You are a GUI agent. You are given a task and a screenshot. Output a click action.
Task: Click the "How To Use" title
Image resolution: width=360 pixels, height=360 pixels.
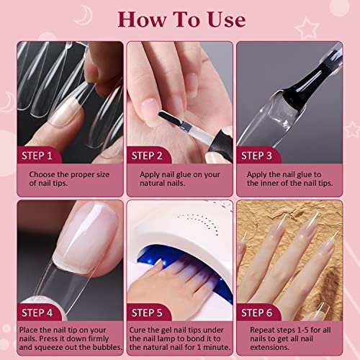pos(181,19)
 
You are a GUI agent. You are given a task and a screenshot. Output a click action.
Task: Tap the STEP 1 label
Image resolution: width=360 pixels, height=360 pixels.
pos(37,156)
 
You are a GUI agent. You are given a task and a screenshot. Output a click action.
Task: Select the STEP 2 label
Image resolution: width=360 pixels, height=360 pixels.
pos(147,156)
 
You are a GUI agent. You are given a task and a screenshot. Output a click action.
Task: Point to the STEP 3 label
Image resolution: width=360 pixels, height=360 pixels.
pos(256,156)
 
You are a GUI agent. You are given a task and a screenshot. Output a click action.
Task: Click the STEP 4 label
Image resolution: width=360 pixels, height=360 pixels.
pos(37,313)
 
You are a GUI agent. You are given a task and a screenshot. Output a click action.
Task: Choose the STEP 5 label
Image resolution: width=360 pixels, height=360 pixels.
pos(147,313)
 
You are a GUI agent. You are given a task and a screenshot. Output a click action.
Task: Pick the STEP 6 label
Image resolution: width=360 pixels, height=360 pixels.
pos(256,313)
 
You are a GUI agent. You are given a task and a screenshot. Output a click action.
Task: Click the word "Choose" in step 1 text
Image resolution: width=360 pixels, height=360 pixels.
pos(42,174)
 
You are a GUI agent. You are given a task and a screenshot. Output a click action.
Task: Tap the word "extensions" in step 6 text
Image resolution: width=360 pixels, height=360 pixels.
pos(269,347)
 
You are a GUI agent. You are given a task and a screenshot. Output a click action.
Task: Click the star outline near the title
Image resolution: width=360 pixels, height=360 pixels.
pos(307,28)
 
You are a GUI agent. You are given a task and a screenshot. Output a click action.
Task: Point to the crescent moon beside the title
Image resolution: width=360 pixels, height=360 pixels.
pos(84,15)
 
